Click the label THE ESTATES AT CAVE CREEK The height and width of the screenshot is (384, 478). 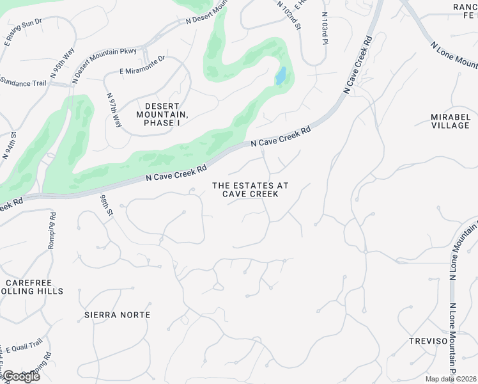250,189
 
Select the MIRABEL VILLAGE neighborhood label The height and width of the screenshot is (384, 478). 450,122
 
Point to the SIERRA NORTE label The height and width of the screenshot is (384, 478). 118,315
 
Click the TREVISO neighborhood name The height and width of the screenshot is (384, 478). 429,341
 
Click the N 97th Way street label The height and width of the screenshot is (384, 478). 113,109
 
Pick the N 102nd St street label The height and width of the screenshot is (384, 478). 289,14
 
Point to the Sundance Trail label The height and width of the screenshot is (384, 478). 24,82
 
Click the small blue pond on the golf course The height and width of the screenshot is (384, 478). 281,76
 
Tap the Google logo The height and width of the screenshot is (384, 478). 20,376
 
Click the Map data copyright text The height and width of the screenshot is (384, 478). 451,379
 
